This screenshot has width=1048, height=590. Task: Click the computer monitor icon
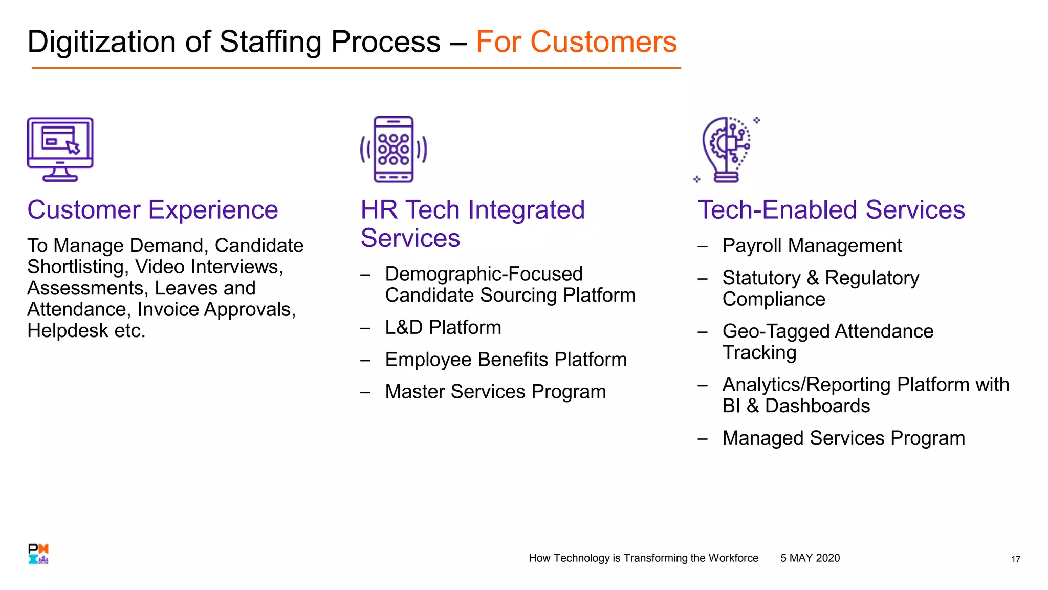pos(60,149)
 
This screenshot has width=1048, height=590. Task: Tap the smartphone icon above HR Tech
pos(394,149)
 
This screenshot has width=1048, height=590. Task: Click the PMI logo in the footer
pos(38,554)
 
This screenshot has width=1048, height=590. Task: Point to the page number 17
pos(1015,559)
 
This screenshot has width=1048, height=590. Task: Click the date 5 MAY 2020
pos(810,558)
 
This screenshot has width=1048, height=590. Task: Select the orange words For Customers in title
pos(576,41)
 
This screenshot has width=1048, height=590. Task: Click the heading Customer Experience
pos(152,210)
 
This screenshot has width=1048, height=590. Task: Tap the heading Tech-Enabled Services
pos(831,210)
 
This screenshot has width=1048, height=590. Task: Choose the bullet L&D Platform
pos(443,328)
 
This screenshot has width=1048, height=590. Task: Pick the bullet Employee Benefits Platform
pos(506,360)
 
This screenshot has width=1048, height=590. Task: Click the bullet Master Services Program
pos(495,392)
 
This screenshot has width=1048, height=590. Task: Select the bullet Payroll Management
pos(812,246)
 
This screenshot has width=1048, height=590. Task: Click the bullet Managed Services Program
pos(843,438)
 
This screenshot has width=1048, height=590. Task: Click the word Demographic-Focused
pos(484,274)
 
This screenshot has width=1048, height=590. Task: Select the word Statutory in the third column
pos(761,278)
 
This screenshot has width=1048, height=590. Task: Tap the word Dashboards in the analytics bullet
pos(817,406)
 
